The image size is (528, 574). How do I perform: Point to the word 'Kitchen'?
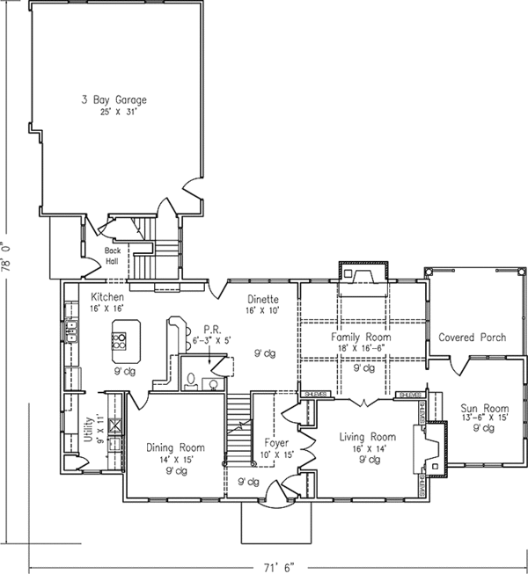coord(106,297)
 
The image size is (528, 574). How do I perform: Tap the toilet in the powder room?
coord(191,381)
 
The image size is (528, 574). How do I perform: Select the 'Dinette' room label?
coord(262,299)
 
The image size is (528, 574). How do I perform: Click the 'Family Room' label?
coord(361,337)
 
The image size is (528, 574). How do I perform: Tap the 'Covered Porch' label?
coord(469,337)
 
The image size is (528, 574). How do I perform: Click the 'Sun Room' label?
coord(484,408)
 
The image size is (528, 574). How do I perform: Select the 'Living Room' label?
coord(368,436)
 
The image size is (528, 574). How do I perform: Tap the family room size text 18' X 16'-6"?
coord(361,348)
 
